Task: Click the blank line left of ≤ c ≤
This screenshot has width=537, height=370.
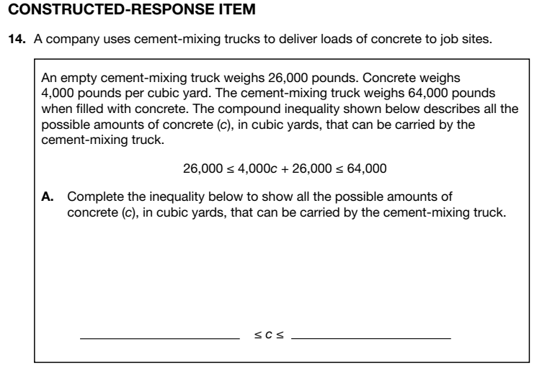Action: (159, 337)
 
